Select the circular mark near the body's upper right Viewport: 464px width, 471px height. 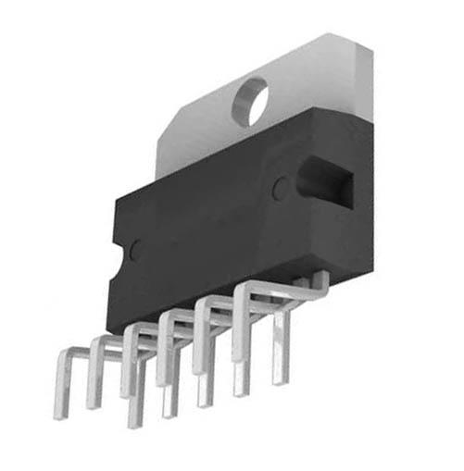point(279,189)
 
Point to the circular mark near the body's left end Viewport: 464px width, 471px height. point(136,248)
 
